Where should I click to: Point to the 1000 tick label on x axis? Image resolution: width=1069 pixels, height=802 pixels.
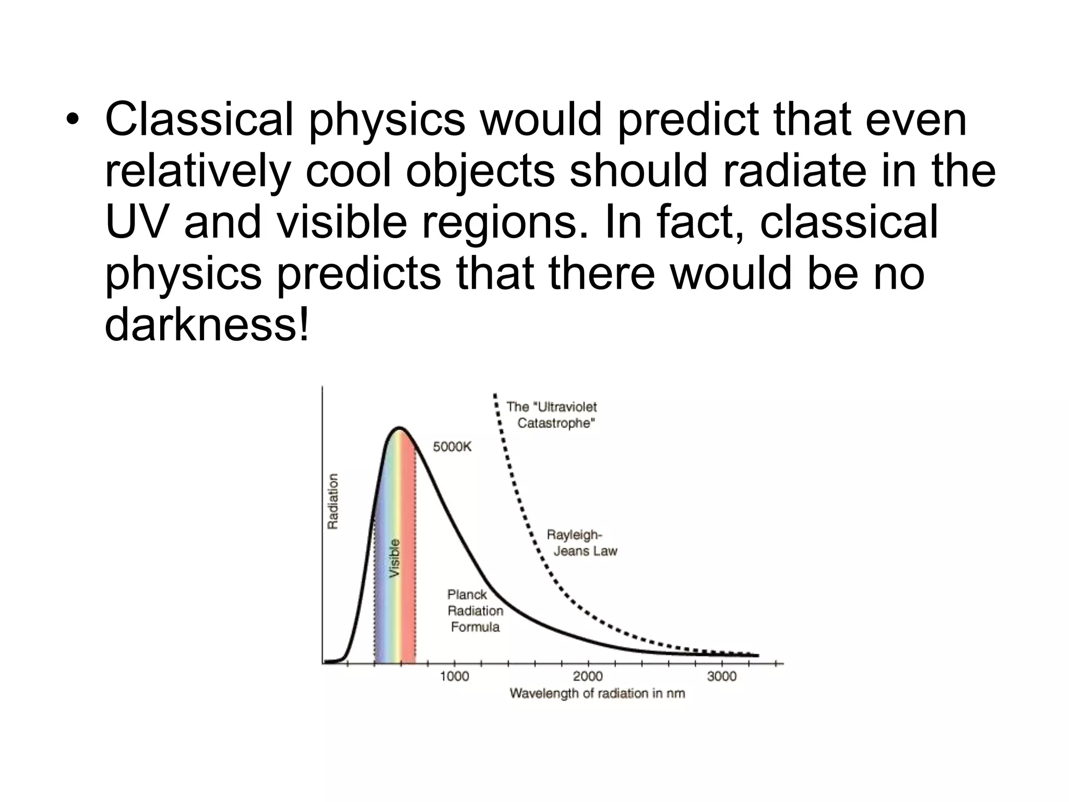(x=455, y=677)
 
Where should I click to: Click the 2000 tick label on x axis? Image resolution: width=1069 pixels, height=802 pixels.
(x=588, y=677)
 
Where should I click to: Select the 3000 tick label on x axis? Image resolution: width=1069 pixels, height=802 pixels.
(x=721, y=677)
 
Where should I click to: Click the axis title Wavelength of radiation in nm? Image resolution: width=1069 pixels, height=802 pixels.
(x=597, y=693)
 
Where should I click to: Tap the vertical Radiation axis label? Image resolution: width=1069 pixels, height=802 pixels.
(x=332, y=501)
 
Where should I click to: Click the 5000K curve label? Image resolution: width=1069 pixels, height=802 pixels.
(x=452, y=447)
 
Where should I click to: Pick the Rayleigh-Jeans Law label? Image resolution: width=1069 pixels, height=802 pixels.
(x=581, y=543)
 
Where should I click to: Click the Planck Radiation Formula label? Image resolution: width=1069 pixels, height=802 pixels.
(x=475, y=610)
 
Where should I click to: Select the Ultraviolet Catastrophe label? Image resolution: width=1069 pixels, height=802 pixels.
(x=552, y=415)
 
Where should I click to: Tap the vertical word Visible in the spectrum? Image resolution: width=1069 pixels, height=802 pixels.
(x=395, y=558)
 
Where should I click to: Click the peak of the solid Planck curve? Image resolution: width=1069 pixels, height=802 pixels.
(x=399, y=429)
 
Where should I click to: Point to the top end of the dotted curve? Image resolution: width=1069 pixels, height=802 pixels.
(x=495, y=395)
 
